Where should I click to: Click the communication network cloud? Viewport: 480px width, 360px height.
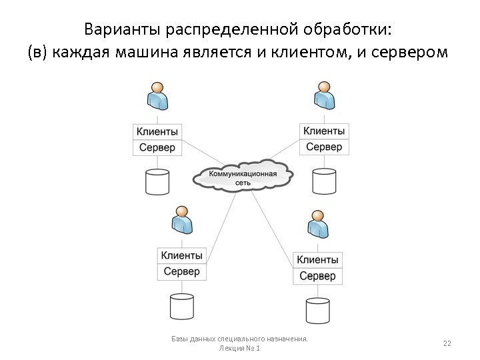pyautogui.click(x=243, y=177)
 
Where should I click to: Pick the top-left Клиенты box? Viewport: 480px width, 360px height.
pyautogui.click(x=157, y=131)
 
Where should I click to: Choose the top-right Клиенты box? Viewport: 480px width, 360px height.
pyautogui.click(x=324, y=131)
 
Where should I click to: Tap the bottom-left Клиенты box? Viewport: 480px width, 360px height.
pyautogui.click(x=182, y=255)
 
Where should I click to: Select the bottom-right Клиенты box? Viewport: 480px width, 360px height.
pyautogui.click(x=317, y=259)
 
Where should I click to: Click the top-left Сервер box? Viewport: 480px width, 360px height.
pyautogui.click(x=157, y=147)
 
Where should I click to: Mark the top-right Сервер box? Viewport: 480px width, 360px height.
pyautogui.click(x=324, y=147)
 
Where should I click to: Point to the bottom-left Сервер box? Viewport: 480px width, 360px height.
pyautogui.click(x=182, y=271)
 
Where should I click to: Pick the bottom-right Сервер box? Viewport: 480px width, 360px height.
pyautogui.click(x=317, y=275)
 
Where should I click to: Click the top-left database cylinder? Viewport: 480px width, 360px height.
pyautogui.click(x=157, y=181)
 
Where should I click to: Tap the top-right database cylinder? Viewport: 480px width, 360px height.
pyautogui.click(x=324, y=181)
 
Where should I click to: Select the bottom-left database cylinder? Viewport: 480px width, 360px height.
pyautogui.click(x=181, y=306)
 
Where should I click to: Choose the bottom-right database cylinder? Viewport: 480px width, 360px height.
pyautogui.click(x=317, y=310)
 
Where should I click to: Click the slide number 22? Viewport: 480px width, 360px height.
pyautogui.click(x=447, y=343)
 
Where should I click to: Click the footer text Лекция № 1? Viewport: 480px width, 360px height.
pyautogui.click(x=239, y=349)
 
